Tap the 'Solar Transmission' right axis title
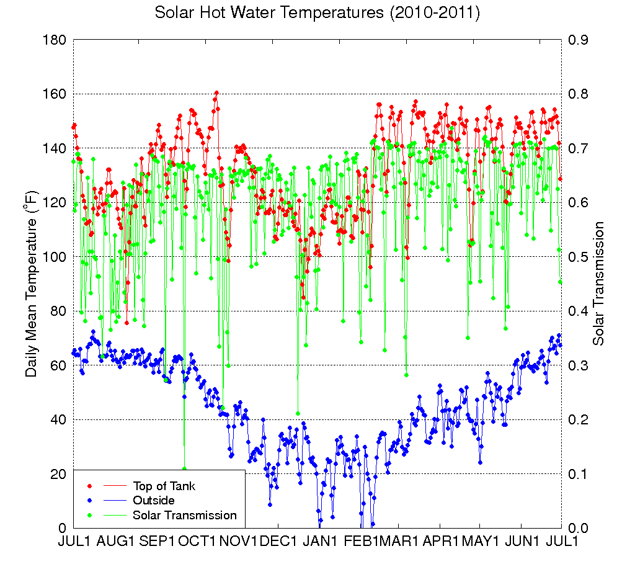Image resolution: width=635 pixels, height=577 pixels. pos(599,284)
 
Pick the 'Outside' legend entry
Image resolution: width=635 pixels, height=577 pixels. pos(154,500)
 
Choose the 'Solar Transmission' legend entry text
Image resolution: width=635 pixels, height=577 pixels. pos(185,515)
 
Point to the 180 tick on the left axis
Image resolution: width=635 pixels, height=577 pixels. pos(55,40)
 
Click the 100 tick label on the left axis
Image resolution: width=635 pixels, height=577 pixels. pos(55,257)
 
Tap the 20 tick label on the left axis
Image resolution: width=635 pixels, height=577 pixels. pos(58,474)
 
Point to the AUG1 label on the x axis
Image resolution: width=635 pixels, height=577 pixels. pos(114,541)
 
